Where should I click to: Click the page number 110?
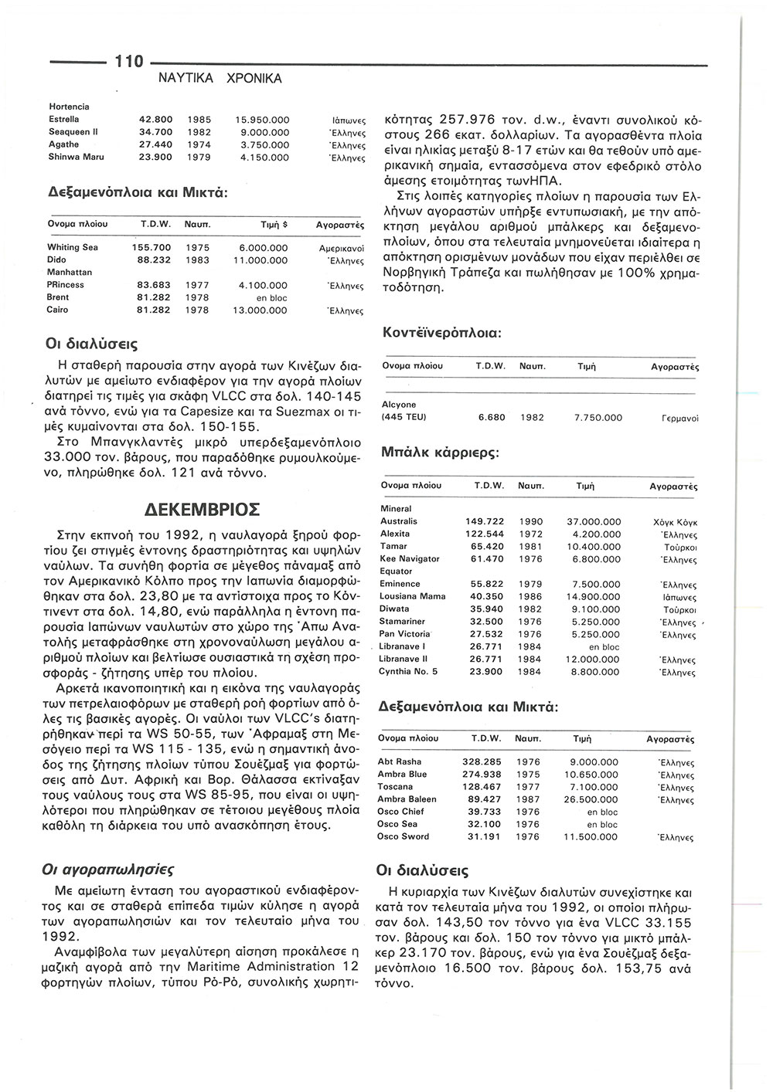(x=128, y=60)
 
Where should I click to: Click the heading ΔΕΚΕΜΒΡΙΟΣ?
(x=203, y=511)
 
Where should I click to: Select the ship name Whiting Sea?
(x=73, y=247)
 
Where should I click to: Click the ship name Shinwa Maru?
(x=77, y=157)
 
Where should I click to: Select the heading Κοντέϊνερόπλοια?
(x=443, y=333)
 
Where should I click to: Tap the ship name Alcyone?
(x=399, y=405)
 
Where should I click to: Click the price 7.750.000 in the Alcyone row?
(x=598, y=417)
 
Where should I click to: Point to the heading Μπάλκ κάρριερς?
(x=441, y=453)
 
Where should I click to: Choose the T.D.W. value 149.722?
(x=485, y=521)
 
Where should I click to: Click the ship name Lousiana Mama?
(x=412, y=596)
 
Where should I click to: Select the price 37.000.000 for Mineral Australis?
(x=594, y=521)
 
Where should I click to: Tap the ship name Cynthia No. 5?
(x=408, y=671)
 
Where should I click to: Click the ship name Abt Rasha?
(x=400, y=761)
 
